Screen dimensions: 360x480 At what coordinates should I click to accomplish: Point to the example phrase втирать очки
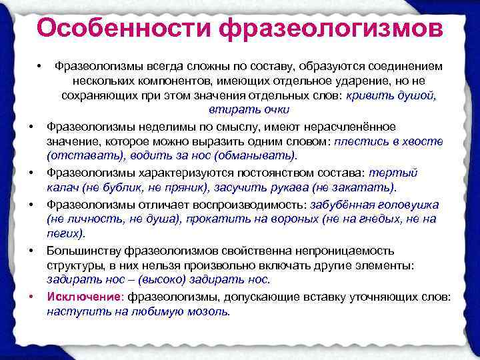pos(249,110)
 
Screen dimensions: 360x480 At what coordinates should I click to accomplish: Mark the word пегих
pos(65,233)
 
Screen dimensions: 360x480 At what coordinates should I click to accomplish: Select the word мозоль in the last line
pos(209,311)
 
